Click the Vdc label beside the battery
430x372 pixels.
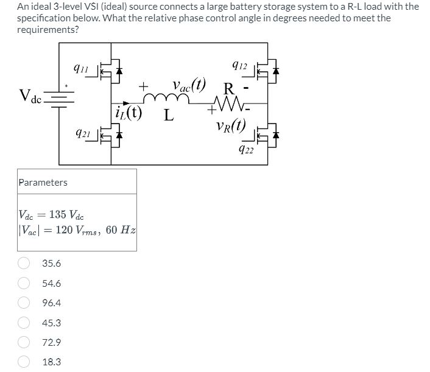tap(29, 96)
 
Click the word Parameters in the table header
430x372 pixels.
tap(43, 182)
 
